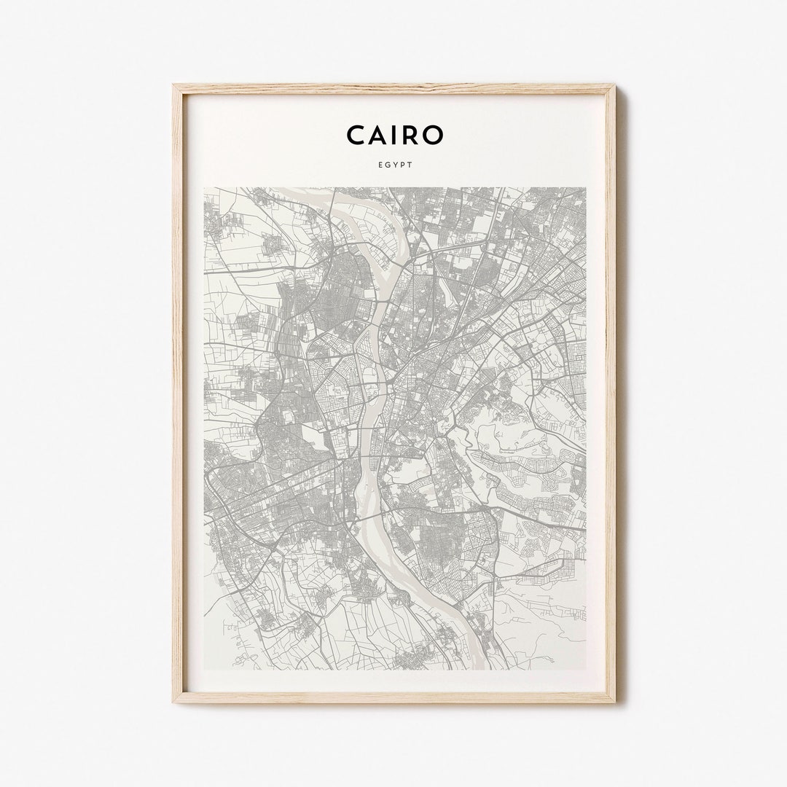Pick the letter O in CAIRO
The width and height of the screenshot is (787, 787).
click(431, 135)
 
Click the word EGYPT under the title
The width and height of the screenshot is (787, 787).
click(394, 165)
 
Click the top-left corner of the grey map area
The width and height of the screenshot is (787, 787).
click(204, 188)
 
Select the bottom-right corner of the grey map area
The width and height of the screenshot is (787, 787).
click(585, 669)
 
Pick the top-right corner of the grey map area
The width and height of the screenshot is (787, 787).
click(585, 188)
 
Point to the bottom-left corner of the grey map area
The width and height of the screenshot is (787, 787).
click(204, 669)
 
